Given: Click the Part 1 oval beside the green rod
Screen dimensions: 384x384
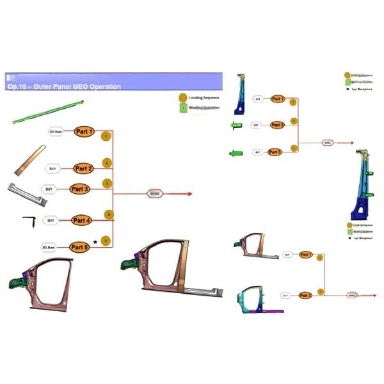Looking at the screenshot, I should tap(84, 132).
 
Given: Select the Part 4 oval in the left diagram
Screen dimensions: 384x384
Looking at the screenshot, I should tap(82, 220).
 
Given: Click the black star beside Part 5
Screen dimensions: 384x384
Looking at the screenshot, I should tap(95, 242).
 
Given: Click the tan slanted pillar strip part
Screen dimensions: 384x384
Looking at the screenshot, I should tap(30, 160).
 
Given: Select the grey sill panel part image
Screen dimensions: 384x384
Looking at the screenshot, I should tap(26, 193).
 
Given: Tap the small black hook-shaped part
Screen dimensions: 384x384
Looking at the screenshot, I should tap(29, 220).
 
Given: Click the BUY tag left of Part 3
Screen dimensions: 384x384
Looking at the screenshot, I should tap(48, 189).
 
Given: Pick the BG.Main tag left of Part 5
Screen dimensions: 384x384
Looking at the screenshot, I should tap(49, 246).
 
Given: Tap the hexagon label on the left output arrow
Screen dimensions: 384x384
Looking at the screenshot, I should tap(155, 193).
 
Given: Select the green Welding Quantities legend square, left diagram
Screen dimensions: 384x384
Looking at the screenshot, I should tap(183, 108).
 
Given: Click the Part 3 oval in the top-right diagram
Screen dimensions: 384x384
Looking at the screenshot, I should tap(275, 152).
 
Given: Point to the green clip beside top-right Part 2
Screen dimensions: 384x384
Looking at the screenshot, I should tap(236, 125).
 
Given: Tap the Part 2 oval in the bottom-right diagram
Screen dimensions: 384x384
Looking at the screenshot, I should tap(305, 295).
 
